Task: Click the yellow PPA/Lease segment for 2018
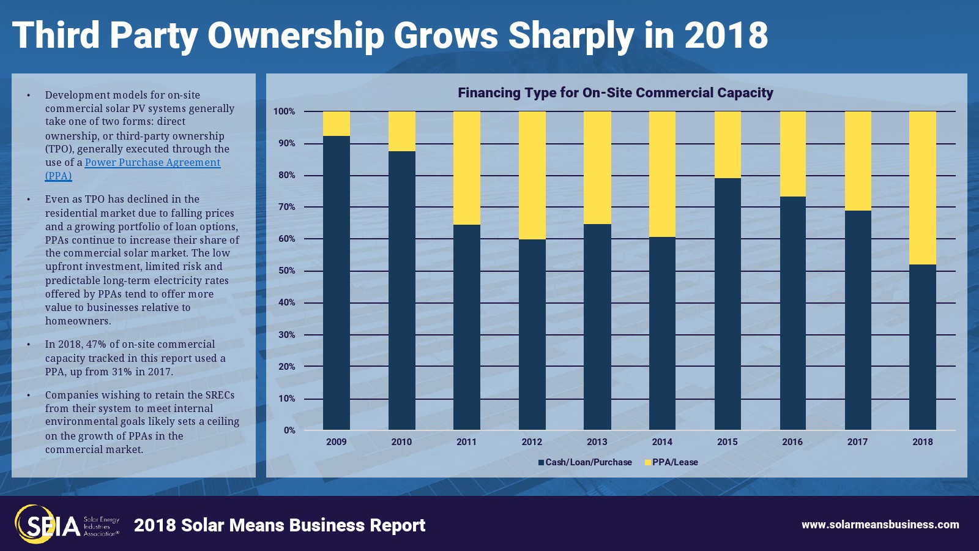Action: click(x=922, y=188)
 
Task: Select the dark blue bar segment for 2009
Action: click(x=336, y=283)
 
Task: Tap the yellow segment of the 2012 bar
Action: click(x=532, y=175)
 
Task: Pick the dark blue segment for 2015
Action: click(x=727, y=304)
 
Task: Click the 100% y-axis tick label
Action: click(x=284, y=111)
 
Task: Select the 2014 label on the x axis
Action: click(x=661, y=442)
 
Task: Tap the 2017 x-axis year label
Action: click(x=857, y=442)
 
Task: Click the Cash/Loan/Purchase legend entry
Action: click(x=585, y=462)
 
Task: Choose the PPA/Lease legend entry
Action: click(x=671, y=462)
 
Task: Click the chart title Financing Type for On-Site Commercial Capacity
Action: click(x=615, y=93)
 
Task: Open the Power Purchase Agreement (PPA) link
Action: click(x=152, y=163)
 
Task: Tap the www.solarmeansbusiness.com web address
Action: click(x=880, y=525)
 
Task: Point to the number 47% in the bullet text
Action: click(x=96, y=344)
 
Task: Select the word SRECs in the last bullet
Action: click(x=220, y=395)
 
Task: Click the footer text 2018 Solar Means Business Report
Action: click(x=280, y=525)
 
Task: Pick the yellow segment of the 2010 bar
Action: click(x=401, y=131)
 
